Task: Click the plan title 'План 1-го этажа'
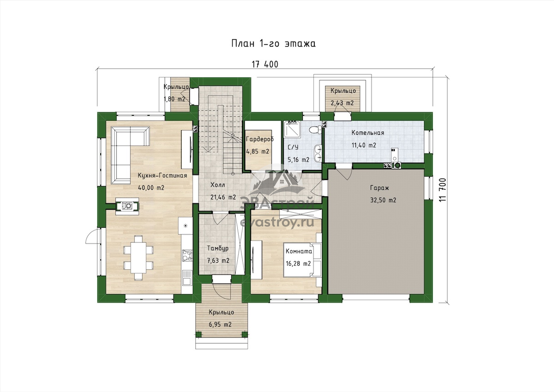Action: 273,43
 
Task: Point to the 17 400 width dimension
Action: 265,64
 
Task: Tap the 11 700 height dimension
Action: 443,190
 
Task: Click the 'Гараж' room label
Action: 379,188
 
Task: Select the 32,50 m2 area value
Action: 383,200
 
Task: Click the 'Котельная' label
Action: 368,133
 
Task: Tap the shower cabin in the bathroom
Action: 292,129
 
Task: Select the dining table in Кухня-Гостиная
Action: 138,257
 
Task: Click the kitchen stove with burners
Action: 187,255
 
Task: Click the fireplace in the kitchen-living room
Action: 127,206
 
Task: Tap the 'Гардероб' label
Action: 259,139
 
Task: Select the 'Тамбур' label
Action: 217,248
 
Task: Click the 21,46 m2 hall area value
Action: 223,197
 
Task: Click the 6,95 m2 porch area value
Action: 220,324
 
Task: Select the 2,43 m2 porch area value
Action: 342,103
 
